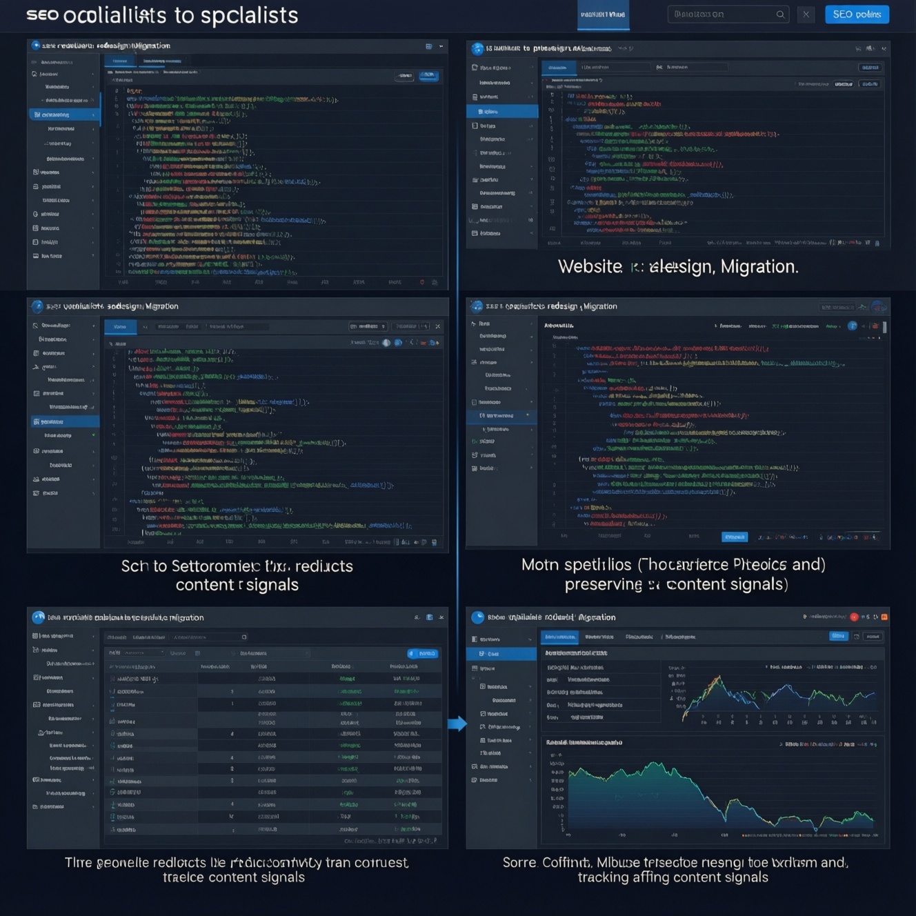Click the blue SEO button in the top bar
click(857, 14)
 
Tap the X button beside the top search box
click(806, 14)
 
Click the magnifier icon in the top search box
click(780, 14)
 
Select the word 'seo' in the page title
click(42, 15)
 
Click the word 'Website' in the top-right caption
click(590, 267)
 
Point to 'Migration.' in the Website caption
click(759, 267)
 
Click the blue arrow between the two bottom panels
click(457, 724)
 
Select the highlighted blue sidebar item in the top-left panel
click(65, 114)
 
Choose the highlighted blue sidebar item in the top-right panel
click(502, 111)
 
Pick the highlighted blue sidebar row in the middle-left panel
click(65, 421)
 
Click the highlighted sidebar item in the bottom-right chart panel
click(502, 653)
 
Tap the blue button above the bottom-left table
click(423, 653)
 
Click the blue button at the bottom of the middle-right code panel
click(735, 537)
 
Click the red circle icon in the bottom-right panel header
click(854, 617)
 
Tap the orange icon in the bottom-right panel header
click(884, 617)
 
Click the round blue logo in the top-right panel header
click(477, 49)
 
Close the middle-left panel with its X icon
click(438, 326)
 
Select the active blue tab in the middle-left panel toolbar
click(120, 326)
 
